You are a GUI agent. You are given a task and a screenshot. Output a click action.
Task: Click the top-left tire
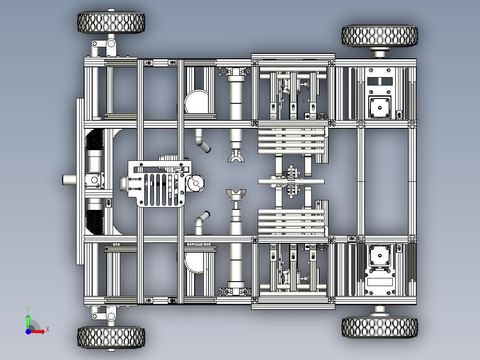pos(111,22)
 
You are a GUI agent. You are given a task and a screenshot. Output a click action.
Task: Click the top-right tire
pos(379,36)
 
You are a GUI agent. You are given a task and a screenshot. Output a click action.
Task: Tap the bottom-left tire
pos(111,338)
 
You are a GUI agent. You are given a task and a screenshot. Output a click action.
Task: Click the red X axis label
pos(48,330)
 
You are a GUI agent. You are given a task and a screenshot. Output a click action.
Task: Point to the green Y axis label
pos(28,310)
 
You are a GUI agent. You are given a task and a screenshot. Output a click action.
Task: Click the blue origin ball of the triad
pos(28,331)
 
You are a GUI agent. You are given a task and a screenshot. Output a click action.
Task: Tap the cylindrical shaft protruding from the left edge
pos(69,180)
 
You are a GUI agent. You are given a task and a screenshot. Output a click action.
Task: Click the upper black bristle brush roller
pos(94,139)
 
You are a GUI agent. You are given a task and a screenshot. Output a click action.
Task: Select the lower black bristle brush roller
pos(94,221)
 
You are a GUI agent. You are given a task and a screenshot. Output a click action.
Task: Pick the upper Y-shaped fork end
pos(236,157)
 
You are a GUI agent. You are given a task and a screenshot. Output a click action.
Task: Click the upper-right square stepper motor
pos(380,107)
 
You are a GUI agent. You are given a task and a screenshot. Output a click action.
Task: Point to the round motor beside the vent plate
pos(195,184)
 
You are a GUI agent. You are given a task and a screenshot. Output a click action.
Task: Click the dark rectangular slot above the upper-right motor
pos(380,82)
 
